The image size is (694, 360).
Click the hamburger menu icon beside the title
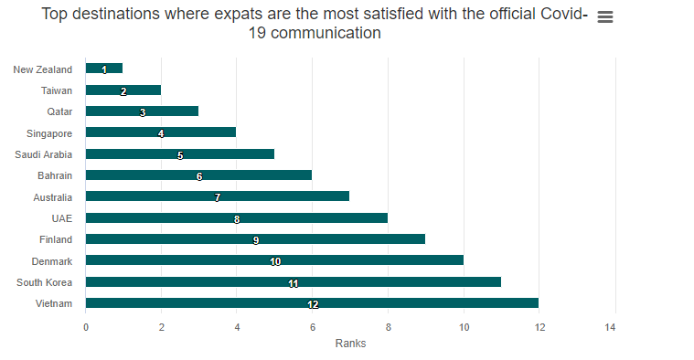tap(605, 16)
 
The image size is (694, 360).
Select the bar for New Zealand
tap(104, 69)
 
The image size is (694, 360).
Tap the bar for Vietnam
tap(312, 303)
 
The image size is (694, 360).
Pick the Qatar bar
tap(142, 111)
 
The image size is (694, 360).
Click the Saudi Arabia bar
tap(180, 154)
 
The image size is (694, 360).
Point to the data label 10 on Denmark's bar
tap(275, 261)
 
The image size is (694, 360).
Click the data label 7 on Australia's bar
tap(218, 197)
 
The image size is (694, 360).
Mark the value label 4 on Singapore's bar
tap(161, 133)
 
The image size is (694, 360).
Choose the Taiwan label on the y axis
tap(57, 90)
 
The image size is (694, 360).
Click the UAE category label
tap(62, 218)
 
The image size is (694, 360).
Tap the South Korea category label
tap(44, 282)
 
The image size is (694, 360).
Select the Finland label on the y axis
tap(56, 239)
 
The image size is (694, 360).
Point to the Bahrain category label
tap(55, 175)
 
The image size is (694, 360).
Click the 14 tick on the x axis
tap(611, 327)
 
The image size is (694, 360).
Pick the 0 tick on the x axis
tap(86, 327)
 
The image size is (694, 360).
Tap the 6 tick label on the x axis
tap(313, 327)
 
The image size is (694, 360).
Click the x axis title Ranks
tap(350, 344)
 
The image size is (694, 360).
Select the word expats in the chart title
tap(239, 14)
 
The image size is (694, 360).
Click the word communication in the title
tap(326, 33)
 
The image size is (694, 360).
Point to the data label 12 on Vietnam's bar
tap(313, 304)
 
